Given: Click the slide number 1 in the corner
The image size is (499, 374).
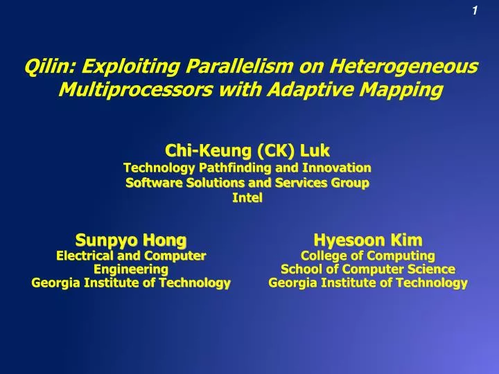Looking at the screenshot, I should [474, 10].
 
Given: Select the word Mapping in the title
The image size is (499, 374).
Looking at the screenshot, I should [407, 90].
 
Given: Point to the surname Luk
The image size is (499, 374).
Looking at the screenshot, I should [312, 150].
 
